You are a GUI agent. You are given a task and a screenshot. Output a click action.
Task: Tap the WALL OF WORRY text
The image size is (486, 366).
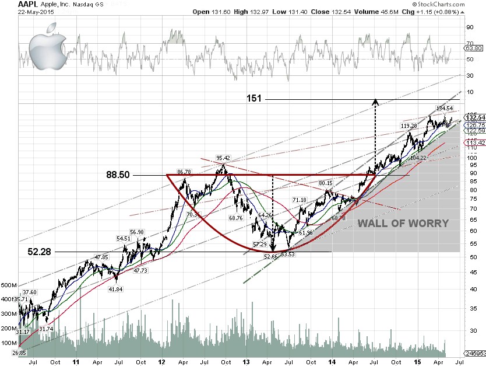(x=403, y=224)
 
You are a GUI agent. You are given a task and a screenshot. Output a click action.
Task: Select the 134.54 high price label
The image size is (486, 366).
(x=445, y=109)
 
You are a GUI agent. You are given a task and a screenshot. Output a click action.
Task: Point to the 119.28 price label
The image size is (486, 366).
(x=409, y=126)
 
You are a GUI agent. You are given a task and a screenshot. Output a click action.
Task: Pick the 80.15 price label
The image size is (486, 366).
(x=326, y=183)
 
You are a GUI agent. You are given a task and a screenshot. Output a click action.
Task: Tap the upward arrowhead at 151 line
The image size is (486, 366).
(x=375, y=102)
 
